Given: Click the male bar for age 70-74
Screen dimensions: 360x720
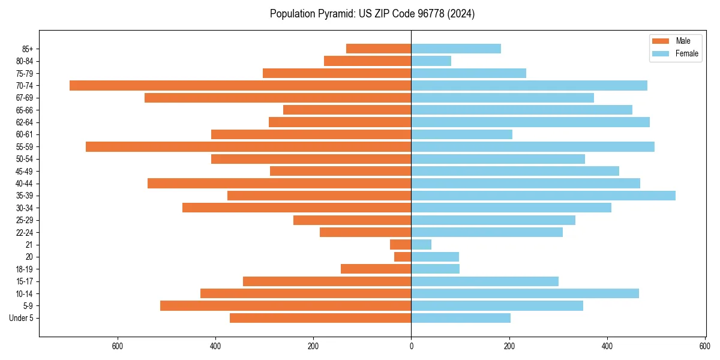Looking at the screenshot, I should tap(240, 85).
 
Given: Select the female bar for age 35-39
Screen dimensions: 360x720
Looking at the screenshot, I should tap(543, 196).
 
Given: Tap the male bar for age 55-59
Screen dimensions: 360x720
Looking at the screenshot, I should tap(248, 146).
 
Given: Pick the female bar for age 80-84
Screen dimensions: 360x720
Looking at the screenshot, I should tap(431, 61).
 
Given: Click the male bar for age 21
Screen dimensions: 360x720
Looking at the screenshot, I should tap(400, 244).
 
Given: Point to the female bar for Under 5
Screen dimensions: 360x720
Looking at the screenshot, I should tap(461, 318).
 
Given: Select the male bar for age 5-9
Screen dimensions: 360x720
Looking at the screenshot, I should tap(286, 305).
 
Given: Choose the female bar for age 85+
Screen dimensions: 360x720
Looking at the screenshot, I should tap(456, 49).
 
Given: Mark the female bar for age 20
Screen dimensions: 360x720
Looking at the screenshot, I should tap(435, 257).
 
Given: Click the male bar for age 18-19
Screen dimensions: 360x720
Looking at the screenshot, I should tap(376, 269).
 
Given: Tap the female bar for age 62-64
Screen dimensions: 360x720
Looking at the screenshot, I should tap(530, 122).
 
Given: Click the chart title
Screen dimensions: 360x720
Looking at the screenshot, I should tap(372, 14).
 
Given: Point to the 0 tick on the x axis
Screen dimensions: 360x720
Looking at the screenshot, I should tap(411, 346).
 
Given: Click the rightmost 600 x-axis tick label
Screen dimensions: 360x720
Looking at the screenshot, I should tap(705, 346).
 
